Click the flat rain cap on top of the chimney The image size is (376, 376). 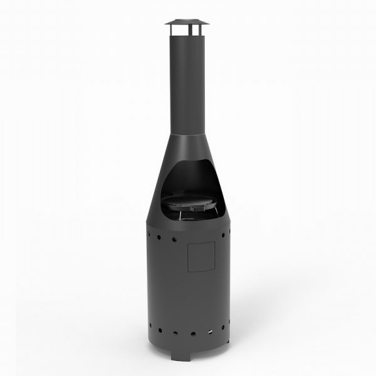[x=187, y=23]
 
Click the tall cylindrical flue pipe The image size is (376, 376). [x=187, y=81]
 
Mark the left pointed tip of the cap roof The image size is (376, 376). [x=167, y=24]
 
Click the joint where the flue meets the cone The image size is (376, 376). [x=187, y=134]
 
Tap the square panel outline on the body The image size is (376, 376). [x=201, y=257]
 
